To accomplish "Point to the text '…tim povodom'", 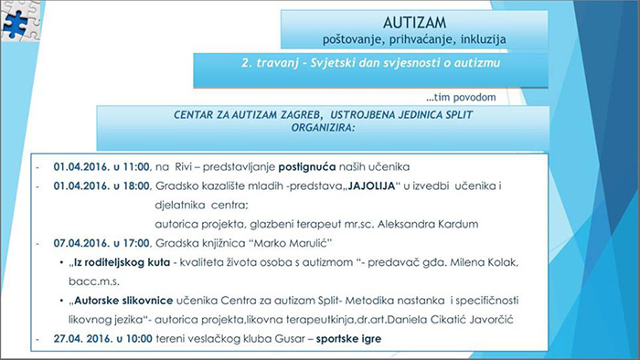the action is pyautogui.click(x=462, y=97).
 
